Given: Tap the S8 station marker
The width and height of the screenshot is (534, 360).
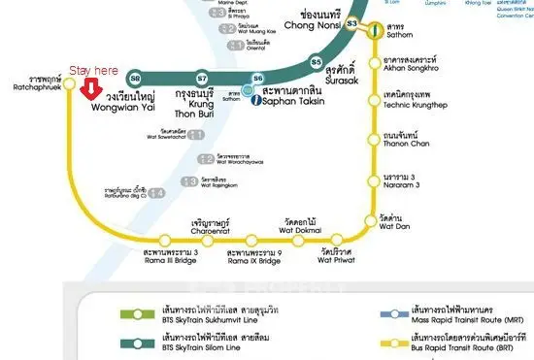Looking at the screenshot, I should (x=135, y=78).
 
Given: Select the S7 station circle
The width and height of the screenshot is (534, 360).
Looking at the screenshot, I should (x=202, y=78).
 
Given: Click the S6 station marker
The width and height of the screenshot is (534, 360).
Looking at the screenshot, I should (x=257, y=78).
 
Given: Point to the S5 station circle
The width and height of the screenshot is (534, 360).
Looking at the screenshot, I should (x=316, y=62).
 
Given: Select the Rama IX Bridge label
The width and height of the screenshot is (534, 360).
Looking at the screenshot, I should (x=253, y=256).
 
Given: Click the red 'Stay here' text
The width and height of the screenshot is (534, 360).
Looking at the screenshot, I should (x=92, y=71).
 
